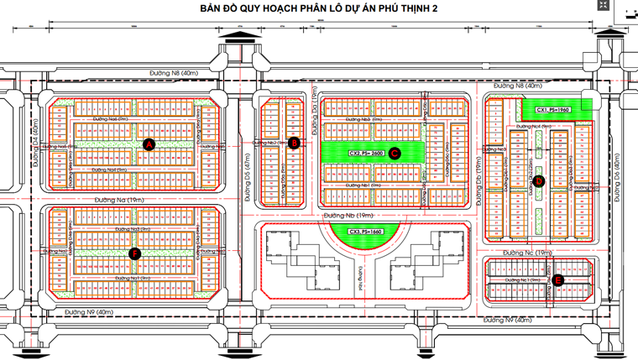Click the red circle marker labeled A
click(149, 144)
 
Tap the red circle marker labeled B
click(294, 143)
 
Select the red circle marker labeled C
click(394, 152)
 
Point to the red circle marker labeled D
click(539, 180)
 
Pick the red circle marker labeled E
click(558, 280)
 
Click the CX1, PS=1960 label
click(553, 109)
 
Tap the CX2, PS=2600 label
click(366, 153)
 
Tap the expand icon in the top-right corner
click(603, 5)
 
